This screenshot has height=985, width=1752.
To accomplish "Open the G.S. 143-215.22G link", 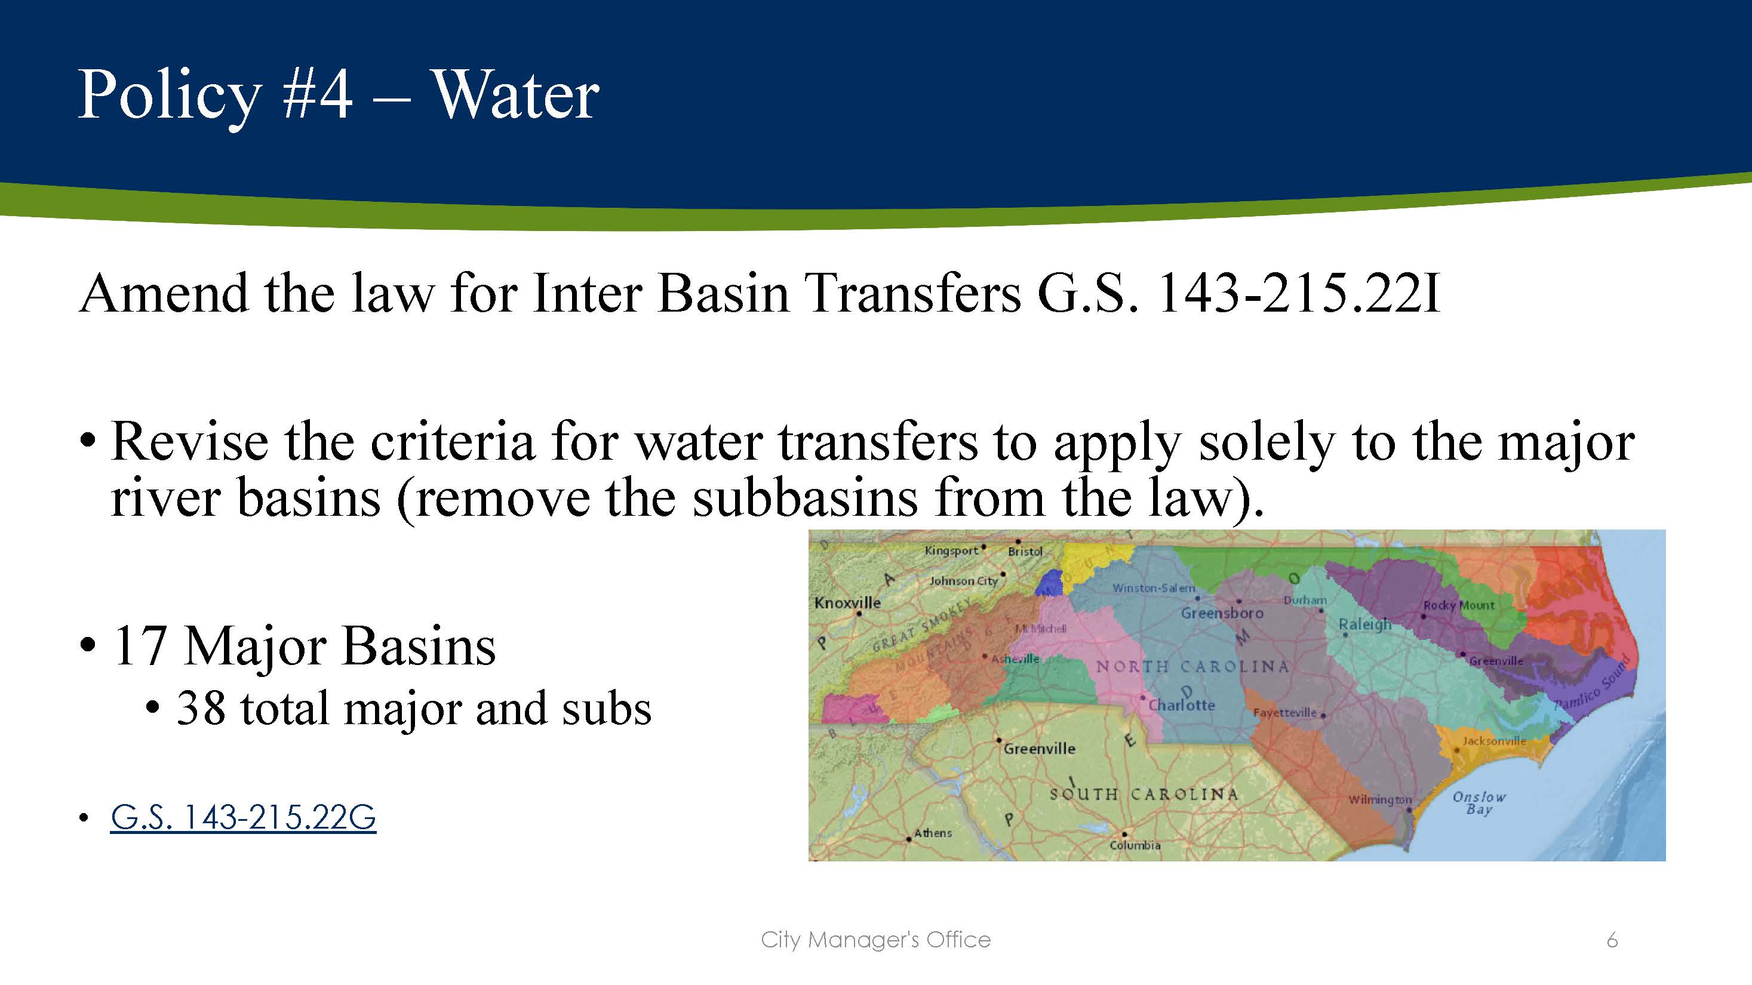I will tap(243, 817).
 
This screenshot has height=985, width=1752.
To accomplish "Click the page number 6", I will tap(1611, 940).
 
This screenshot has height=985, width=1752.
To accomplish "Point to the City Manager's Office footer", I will tap(875, 940).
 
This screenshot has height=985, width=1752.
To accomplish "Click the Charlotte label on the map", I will tap(1181, 705).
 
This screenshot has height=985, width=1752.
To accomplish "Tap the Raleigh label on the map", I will tap(1364, 624).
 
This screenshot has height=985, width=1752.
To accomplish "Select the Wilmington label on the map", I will tap(1380, 800).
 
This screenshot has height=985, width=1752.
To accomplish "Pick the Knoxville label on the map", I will tap(847, 602).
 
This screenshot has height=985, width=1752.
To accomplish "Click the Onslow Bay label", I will tap(1479, 803).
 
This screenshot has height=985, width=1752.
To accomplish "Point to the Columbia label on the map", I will tap(1135, 846).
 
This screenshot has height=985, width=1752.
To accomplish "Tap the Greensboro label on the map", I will tap(1222, 613).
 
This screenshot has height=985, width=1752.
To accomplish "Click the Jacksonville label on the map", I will tap(1494, 741).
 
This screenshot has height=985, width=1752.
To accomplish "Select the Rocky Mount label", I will tap(1459, 605).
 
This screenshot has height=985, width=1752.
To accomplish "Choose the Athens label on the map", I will tap(933, 833).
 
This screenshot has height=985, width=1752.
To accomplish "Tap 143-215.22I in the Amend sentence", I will tap(1297, 294).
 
